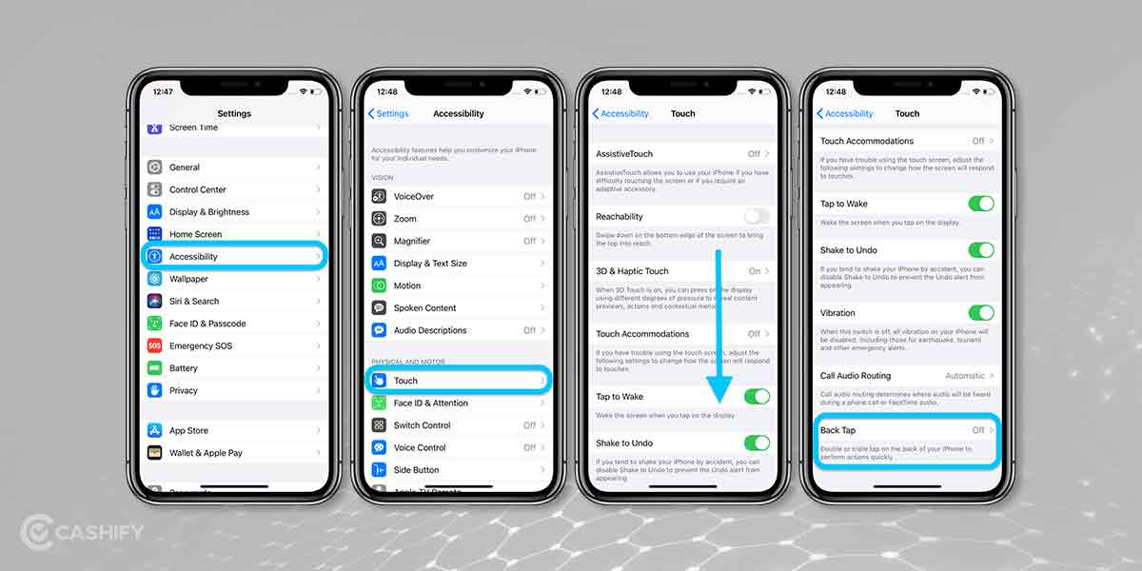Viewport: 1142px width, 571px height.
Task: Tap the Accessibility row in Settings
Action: (x=234, y=256)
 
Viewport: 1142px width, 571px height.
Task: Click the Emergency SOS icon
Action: (x=154, y=345)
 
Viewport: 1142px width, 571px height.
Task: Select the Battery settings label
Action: (x=184, y=368)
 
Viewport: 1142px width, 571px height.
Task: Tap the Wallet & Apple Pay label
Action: (x=206, y=453)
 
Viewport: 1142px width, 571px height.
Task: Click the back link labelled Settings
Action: (x=388, y=113)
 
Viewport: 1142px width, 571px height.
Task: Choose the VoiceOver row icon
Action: (x=379, y=196)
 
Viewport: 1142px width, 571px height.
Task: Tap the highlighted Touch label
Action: (x=406, y=381)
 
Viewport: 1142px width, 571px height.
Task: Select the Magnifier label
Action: (x=412, y=241)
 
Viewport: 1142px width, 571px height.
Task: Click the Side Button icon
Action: (x=379, y=470)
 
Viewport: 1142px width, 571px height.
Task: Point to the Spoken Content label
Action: (x=425, y=308)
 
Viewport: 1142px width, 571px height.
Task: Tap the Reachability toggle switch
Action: (x=757, y=216)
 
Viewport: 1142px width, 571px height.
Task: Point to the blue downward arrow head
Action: (x=720, y=390)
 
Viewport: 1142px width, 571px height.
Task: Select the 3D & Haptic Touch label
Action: (x=632, y=271)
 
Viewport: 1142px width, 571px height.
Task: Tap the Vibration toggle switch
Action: (x=980, y=312)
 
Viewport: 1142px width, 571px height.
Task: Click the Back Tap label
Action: (x=837, y=430)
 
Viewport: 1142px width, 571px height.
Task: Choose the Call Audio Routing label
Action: (x=856, y=376)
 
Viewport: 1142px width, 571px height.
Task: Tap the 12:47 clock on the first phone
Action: (x=164, y=91)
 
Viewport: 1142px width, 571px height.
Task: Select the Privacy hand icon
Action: (x=154, y=390)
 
